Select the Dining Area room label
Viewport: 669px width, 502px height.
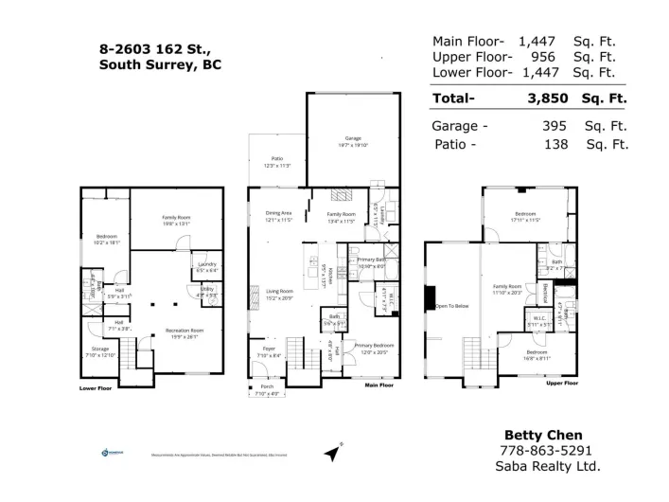[x=278, y=213]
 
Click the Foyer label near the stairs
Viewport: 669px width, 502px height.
[x=269, y=350]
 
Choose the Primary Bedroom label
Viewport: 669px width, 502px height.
[x=368, y=347]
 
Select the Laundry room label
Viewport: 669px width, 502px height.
[x=207, y=265]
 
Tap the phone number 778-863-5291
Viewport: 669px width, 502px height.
[x=549, y=451]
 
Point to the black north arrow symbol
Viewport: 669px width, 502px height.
[x=331, y=455]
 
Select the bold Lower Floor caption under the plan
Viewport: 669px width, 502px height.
[x=95, y=388]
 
